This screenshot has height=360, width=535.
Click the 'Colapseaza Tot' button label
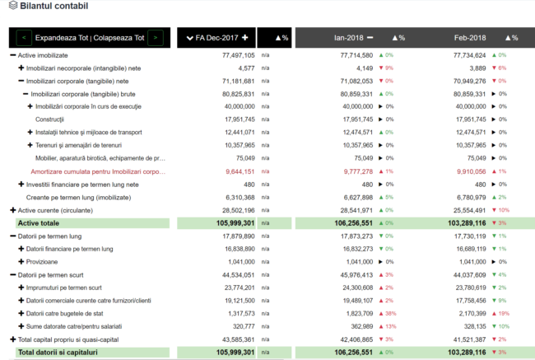(119, 38)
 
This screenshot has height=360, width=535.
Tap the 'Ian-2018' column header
(348, 38)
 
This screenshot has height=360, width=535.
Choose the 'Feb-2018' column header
(470, 38)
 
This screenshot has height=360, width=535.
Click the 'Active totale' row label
(38, 222)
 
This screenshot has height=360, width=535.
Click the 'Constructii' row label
(50, 119)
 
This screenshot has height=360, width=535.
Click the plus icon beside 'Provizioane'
(21, 261)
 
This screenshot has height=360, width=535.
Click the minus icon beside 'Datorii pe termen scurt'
(12, 274)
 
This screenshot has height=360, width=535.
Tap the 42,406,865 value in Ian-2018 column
(352, 339)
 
